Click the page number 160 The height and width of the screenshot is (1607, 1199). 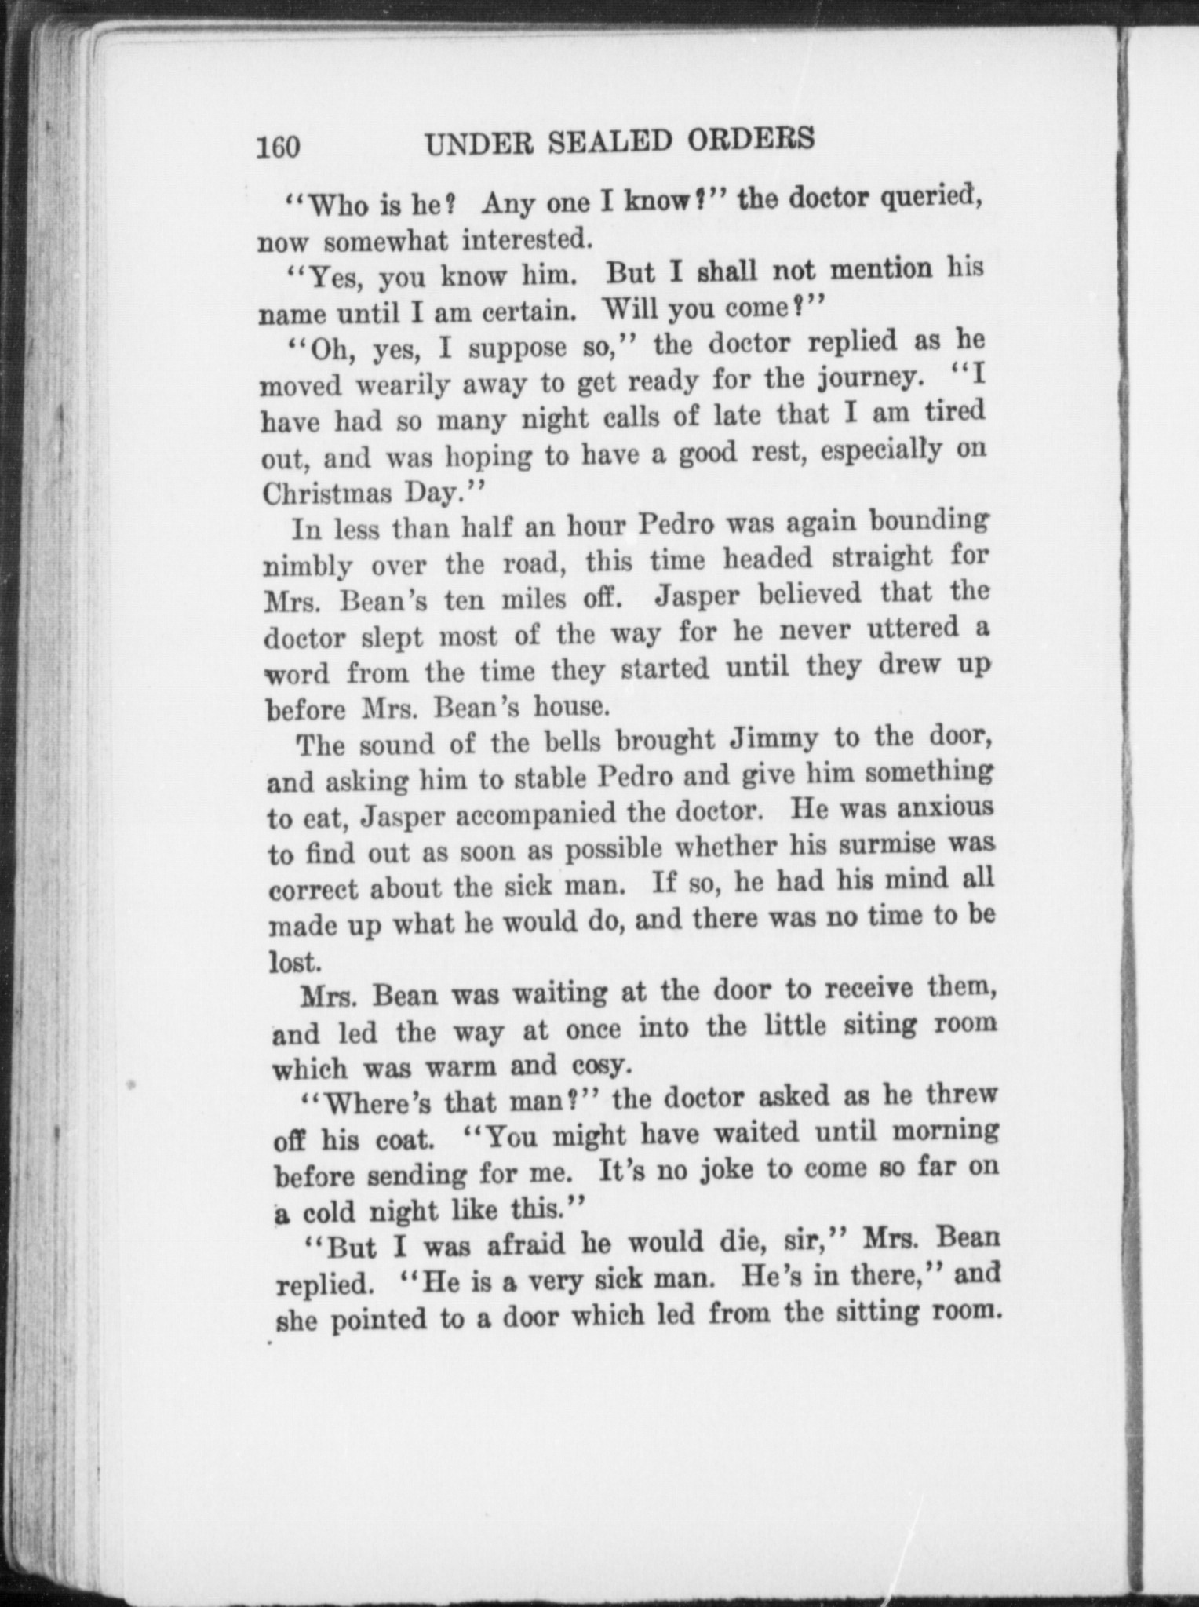[278, 147]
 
